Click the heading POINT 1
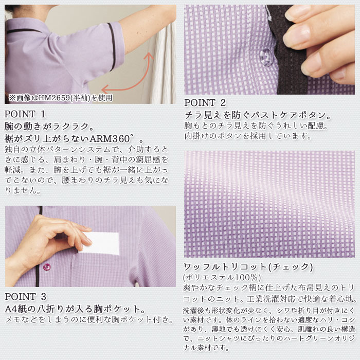pyautogui.click(x=25, y=114)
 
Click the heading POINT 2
pyautogui.click(x=205, y=103)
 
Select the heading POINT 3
pyautogui.click(x=26, y=297)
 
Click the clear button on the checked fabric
pyautogui.click(x=266, y=57)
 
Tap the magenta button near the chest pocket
pyautogui.click(x=47, y=267)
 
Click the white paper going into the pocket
pyautogui.click(x=100, y=244)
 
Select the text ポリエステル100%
pyautogui.click(x=222, y=277)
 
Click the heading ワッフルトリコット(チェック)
pyautogui.click(x=248, y=267)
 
